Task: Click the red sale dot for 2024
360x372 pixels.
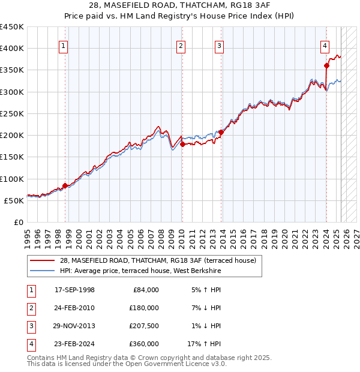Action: pyautogui.click(x=326, y=66)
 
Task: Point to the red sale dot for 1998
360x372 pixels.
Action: pyautogui.click(x=65, y=185)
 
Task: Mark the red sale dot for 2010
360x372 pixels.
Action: pyautogui.click(x=182, y=144)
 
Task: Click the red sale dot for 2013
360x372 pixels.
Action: pyautogui.click(x=221, y=132)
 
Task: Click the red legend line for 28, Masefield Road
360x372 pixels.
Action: pyautogui.click(x=42, y=260)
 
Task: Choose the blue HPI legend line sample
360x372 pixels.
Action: pyautogui.click(x=42, y=271)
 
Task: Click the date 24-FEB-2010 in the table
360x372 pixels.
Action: pyautogui.click(x=74, y=308)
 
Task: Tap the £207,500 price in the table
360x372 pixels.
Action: pyautogui.click(x=144, y=326)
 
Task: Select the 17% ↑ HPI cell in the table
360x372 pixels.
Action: pyautogui.click(x=204, y=344)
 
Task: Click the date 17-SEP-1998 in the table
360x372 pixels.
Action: pyautogui.click(x=74, y=290)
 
